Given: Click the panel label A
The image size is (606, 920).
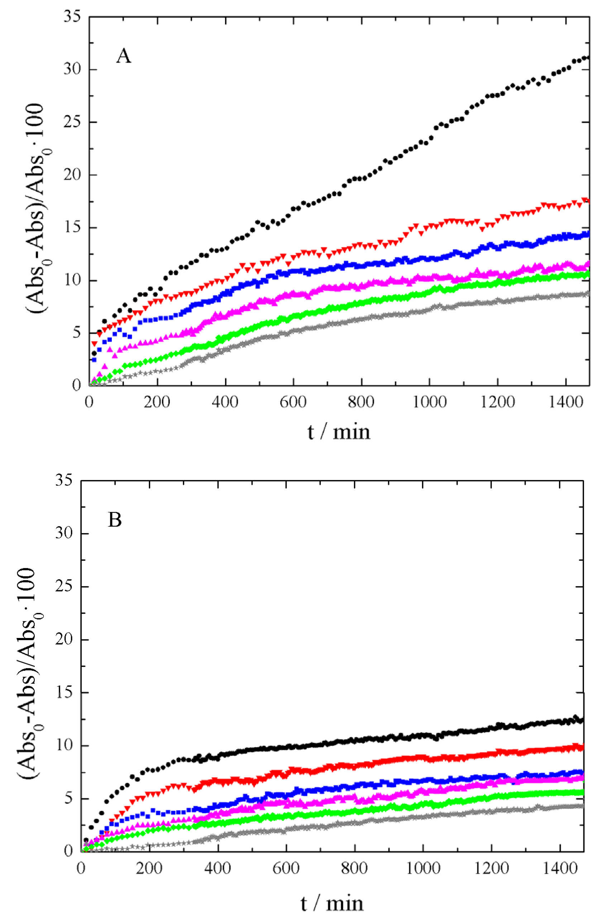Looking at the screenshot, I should [123, 56].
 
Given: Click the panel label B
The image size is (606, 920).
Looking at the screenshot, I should [115, 520].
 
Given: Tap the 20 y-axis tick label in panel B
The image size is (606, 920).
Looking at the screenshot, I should [64, 639].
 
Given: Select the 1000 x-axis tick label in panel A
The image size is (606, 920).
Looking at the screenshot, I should [429, 402].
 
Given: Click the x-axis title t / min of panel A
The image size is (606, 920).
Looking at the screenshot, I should [339, 432].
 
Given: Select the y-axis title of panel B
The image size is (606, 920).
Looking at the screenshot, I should [31, 673].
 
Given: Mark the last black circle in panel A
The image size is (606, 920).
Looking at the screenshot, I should [587, 58].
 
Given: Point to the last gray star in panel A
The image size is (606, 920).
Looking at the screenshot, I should [588, 293].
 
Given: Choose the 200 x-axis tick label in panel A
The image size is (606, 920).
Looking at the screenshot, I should [157, 402].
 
